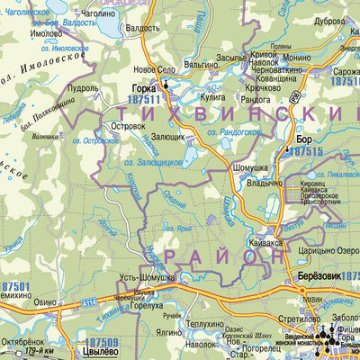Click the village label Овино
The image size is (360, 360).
(x=48, y=303)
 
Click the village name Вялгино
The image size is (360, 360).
(x=202, y=65)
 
